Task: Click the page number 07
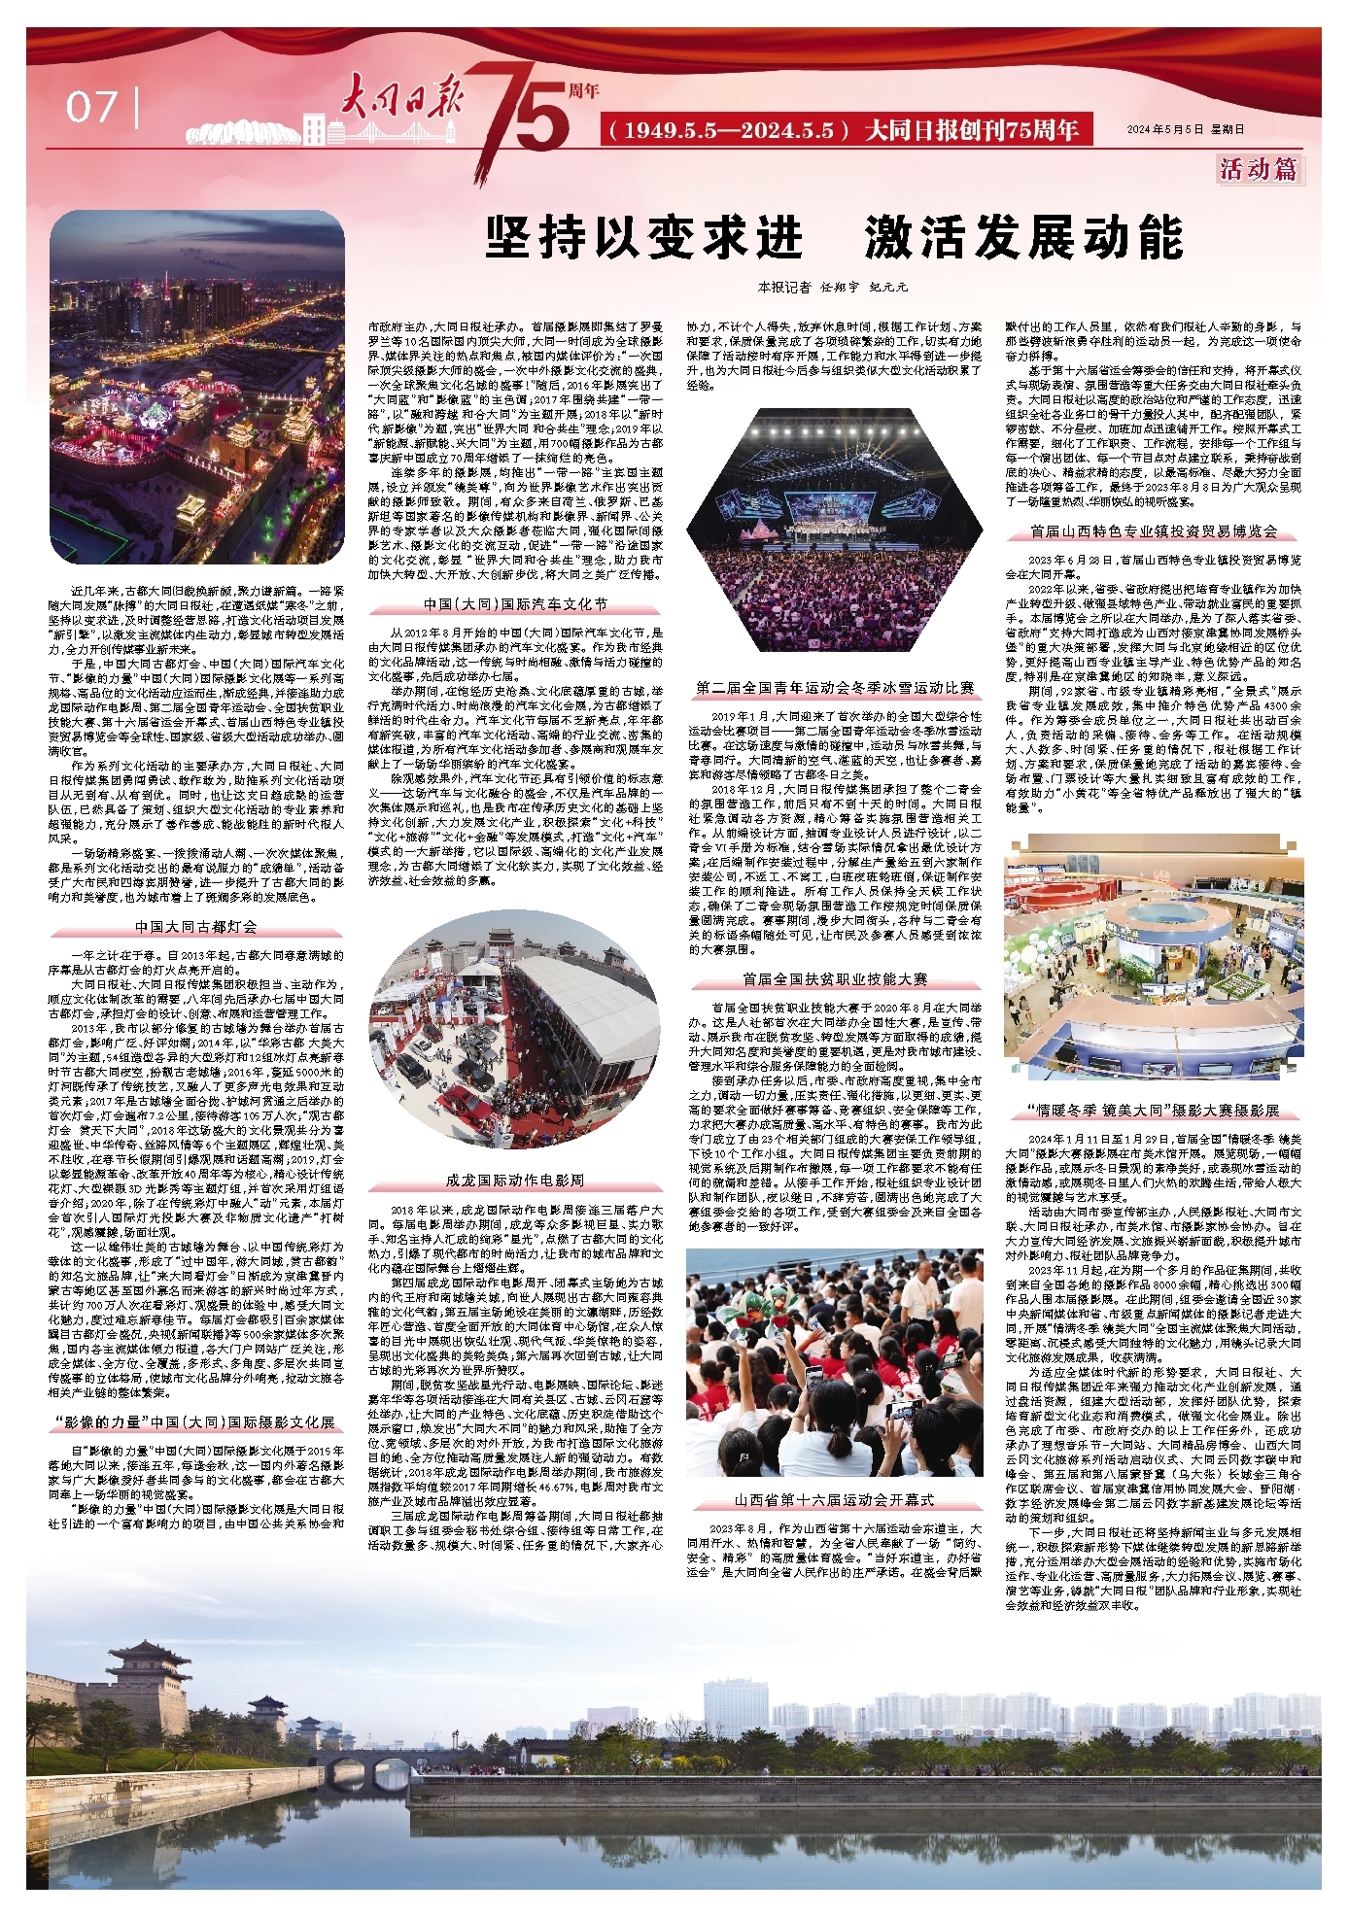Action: click(x=92, y=107)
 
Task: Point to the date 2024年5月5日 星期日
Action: click(x=1185, y=129)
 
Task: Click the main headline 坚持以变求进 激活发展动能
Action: click(x=834, y=238)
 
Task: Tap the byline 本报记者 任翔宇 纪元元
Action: click(x=833, y=287)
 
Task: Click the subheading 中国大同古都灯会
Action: click(x=196, y=926)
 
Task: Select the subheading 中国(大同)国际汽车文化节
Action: click(x=515, y=603)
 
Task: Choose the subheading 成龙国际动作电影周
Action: click(x=515, y=1180)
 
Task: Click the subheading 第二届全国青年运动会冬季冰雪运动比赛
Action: click(x=834, y=688)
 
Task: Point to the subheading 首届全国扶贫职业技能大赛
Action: click(x=834, y=978)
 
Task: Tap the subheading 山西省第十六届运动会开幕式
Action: click(x=834, y=1500)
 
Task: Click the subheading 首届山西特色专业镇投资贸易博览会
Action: click(x=1153, y=531)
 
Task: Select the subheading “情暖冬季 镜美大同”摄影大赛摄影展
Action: click(x=1153, y=1110)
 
